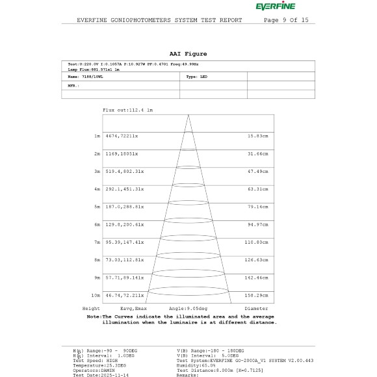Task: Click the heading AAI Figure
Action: click(188, 53)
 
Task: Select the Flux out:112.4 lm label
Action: click(127, 110)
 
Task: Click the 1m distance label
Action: click(97, 136)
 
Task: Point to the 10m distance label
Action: click(96, 294)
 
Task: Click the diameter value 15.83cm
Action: click(258, 136)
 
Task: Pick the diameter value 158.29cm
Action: click(257, 294)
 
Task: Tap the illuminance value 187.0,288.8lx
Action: click(123, 206)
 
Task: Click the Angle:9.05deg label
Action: click(188, 307)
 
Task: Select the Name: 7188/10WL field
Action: click(83, 77)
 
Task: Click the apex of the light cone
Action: click(188, 116)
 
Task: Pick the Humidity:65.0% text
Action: click(196, 365)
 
